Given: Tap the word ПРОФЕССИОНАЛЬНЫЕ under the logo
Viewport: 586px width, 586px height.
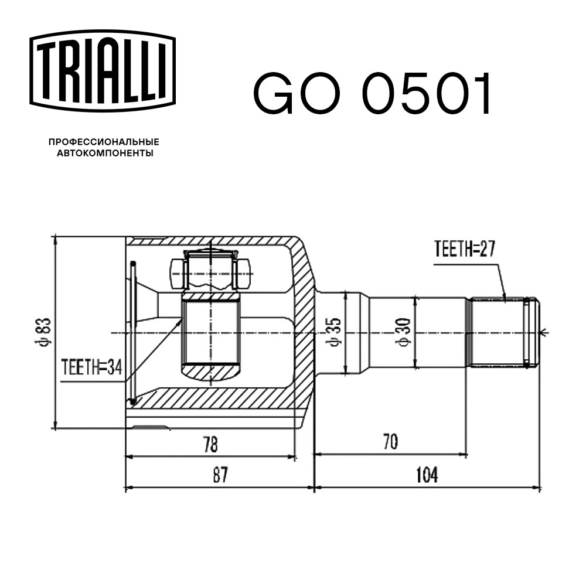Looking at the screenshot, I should point(104,142).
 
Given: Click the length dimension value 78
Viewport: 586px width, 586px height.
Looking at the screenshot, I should point(210,444).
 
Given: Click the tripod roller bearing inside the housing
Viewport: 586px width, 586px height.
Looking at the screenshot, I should point(210,271).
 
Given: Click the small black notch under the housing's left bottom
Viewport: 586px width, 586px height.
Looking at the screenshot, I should point(150,428).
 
